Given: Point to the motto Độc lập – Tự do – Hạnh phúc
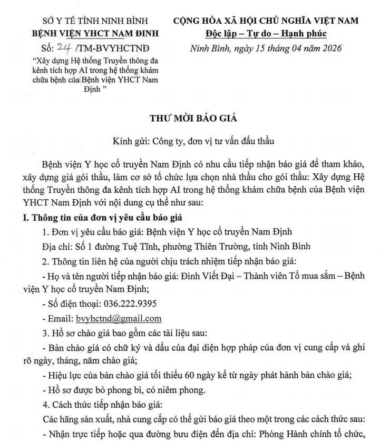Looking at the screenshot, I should (266, 34).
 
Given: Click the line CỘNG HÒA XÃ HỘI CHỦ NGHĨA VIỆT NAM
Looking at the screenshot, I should (266, 21).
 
